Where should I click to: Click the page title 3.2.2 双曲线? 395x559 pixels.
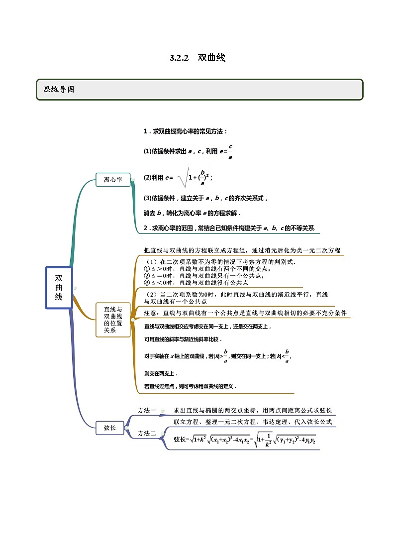197,58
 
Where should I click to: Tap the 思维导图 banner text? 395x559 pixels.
59,90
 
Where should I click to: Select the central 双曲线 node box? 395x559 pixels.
59,288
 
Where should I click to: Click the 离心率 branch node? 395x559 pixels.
113,179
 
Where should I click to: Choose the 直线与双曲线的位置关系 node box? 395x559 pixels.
113,320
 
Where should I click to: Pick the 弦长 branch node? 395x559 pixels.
110,427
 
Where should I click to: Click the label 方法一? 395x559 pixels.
147,410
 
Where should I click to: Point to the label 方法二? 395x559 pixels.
147,434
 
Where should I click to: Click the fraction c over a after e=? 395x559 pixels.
230,151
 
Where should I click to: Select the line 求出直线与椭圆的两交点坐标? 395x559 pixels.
252,410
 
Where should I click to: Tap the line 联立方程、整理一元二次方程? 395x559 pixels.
252,422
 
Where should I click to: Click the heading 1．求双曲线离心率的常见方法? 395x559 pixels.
185,131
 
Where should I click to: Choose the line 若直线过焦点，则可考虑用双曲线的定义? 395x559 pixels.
190,386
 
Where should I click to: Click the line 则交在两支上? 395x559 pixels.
161,373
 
